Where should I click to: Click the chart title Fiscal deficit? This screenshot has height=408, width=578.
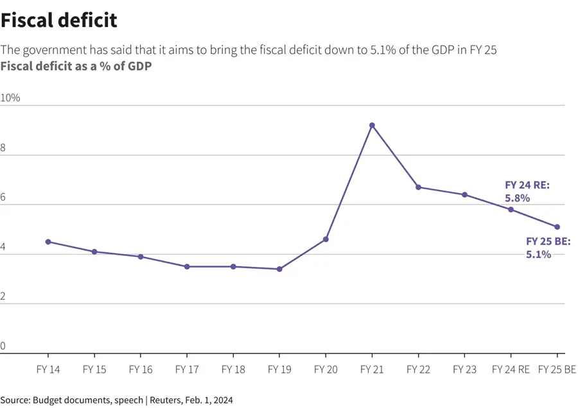pos(59,20)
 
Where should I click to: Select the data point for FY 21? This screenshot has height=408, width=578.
pos(372,125)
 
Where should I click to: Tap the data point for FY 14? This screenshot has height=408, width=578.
pos(48,242)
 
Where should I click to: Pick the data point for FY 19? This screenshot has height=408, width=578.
pos(279,269)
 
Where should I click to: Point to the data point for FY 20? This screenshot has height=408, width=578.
pos(326,239)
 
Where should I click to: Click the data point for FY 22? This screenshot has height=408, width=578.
pos(418,187)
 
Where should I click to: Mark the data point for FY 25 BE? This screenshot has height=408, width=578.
pos(557,226)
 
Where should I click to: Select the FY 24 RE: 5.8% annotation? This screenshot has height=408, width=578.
pos(527,192)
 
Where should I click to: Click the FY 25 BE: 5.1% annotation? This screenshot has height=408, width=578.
pos(548,248)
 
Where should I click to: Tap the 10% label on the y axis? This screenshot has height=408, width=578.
pos(10,98)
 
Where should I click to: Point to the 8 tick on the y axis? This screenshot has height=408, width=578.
pos(3,148)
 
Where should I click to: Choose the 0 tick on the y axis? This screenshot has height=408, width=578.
pos(3,346)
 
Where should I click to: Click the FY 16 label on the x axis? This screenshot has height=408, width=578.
pos(141,370)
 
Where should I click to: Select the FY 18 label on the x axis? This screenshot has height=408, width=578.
pos(233,370)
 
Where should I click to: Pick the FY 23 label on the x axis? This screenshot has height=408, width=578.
pos(464,370)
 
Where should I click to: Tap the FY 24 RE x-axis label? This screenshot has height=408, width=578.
pos(511,370)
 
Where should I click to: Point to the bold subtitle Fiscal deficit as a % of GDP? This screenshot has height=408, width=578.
pos(76,65)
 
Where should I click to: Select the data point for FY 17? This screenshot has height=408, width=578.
pos(187,266)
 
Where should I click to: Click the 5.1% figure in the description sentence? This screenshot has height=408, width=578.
pos(384,50)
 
